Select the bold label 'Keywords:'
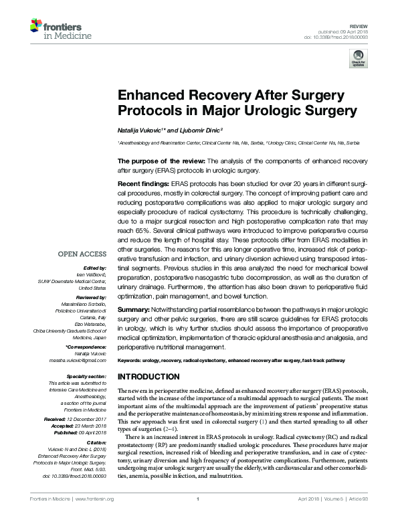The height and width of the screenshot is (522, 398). click(x=130, y=361)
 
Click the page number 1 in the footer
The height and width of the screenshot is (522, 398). click(x=199, y=518)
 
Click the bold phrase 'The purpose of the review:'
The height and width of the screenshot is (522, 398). click(x=160, y=161)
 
